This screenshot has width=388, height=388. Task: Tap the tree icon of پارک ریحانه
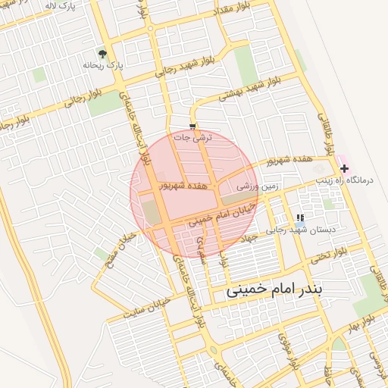(102, 54)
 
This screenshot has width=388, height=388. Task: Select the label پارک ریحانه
(102, 66)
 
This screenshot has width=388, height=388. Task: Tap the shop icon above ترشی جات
(192, 127)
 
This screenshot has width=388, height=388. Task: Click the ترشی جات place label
(193, 138)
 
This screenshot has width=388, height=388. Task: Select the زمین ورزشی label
(258, 185)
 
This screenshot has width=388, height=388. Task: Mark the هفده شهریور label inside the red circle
(181, 184)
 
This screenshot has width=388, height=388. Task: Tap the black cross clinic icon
(345, 168)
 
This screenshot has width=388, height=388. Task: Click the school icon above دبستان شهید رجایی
(301, 217)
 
